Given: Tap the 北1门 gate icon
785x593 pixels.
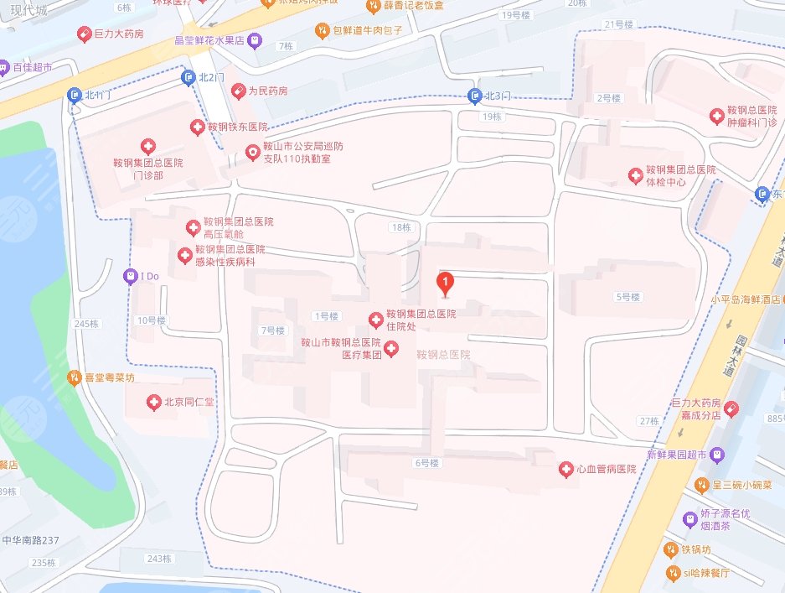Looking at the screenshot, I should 75,95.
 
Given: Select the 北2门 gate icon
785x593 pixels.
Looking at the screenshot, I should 189,78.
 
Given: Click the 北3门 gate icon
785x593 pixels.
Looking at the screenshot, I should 475,96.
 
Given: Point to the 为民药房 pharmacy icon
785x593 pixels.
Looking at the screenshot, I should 239,90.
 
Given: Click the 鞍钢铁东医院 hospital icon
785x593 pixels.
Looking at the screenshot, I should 198,127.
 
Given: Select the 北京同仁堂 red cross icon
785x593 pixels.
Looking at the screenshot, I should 154,403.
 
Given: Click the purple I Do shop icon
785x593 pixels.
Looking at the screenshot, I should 130,275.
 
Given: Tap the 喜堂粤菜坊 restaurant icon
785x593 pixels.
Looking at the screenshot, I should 75,378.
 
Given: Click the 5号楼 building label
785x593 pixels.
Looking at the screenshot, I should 627,297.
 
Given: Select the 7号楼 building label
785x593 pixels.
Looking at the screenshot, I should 273,330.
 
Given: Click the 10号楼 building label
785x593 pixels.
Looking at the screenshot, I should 152,320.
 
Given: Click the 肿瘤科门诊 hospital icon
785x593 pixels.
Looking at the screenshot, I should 717,115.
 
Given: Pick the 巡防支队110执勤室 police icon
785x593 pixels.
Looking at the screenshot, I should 251,152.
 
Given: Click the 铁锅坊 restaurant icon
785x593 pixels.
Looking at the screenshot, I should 670,550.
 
